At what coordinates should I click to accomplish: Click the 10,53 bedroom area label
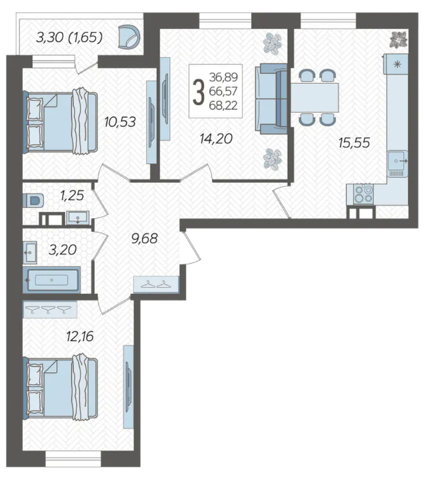120,122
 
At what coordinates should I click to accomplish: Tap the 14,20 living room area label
216,139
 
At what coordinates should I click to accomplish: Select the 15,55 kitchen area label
354,142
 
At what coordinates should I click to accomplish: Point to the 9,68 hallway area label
144,239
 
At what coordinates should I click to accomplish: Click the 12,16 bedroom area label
80,336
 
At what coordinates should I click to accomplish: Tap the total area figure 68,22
223,105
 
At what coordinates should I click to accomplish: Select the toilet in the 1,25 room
33,201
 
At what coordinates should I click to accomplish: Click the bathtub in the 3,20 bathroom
51,280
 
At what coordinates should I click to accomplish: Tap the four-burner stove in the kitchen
364,195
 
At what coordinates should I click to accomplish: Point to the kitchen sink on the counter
397,161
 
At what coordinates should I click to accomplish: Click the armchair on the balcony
130,37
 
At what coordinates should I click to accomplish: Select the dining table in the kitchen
315,97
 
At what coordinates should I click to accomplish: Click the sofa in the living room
271,98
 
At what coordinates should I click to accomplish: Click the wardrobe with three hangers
50,309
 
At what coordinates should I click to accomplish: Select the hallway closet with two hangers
156,284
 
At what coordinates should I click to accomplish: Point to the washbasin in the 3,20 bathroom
30,253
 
